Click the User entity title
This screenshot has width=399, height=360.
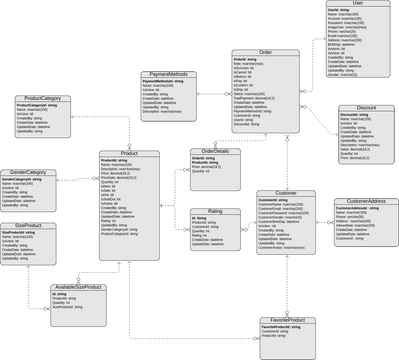pos(358,4)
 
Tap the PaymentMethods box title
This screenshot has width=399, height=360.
pos(170,74)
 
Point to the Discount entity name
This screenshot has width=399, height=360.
pos(364,108)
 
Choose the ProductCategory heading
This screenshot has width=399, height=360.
pos(44,98)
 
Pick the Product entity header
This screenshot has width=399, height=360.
pos(126,153)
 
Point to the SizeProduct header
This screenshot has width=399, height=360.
pos(27,226)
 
